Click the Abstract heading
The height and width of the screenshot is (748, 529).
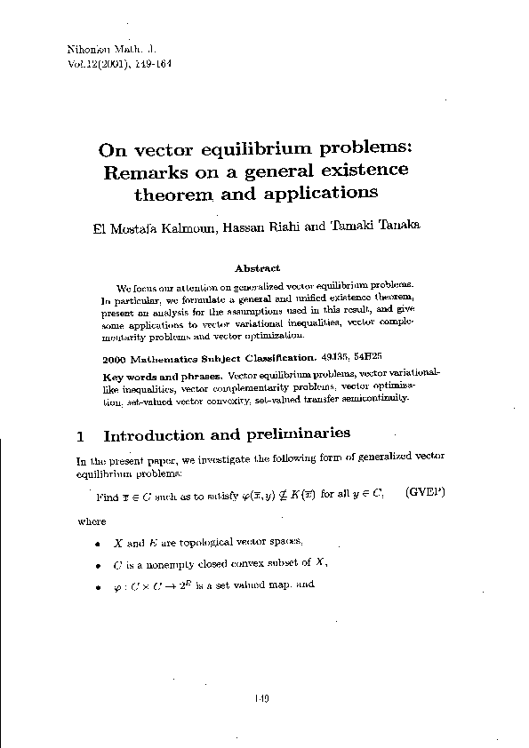click(x=257, y=267)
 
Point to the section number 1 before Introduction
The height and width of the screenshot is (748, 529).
click(x=81, y=435)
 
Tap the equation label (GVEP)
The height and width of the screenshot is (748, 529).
click(x=425, y=492)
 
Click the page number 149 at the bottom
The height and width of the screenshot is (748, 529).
click(x=261, y=699)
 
